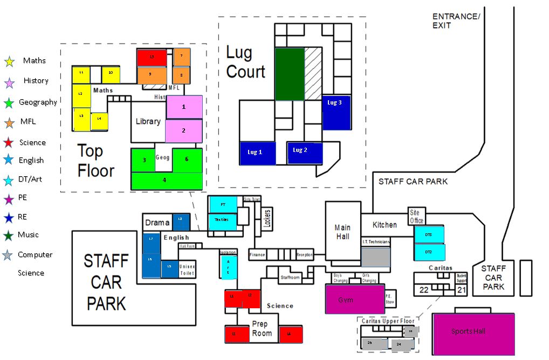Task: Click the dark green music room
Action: [290, 74]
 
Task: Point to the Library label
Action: [148, 121]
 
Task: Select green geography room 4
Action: [167, 181]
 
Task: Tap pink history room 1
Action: [184, 107]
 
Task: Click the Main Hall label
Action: [342, 232]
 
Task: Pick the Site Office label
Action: [416, 217]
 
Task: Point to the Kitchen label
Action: [385, 225]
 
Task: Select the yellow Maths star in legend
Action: [9, 62]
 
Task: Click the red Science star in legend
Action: [9, 143]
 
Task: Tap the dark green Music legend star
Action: [9, 236]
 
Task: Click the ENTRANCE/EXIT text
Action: [456, 21]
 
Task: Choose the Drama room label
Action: [157, 223]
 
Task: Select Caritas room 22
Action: [424, 290]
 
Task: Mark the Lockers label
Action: [267, 219]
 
